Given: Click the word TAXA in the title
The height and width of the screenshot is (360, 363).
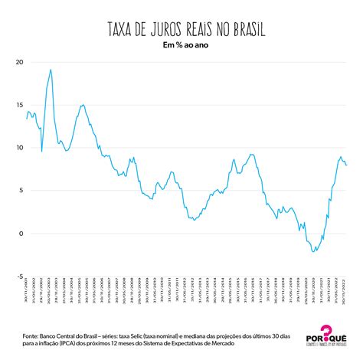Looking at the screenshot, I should (x=124, y=30).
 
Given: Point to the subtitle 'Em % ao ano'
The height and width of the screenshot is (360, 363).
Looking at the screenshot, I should (x=181, y=46).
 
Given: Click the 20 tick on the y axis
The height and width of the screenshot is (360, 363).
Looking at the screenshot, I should (x=20, y=62).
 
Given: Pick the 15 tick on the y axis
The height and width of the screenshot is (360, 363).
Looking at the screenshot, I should (x=20, y=105).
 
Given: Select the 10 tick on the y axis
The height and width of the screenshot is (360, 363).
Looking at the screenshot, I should (x=20, y=148).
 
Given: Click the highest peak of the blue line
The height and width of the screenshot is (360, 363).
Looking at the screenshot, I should (x=51, y=70).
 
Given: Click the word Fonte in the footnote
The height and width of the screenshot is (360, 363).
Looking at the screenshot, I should (x=33, y=335).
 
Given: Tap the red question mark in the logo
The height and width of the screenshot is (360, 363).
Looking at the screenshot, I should (x=328, y=331).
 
